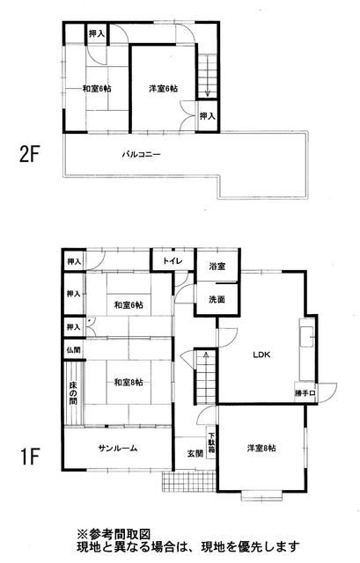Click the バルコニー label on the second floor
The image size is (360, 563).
141,155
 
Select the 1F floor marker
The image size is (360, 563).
29,457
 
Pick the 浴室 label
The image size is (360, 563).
217,267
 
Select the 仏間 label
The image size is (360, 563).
73,350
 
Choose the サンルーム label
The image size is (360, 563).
117,449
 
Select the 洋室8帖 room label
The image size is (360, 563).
261,449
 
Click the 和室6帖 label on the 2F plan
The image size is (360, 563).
97,89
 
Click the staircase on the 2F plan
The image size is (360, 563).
207,76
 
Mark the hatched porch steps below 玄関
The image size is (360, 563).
187,481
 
